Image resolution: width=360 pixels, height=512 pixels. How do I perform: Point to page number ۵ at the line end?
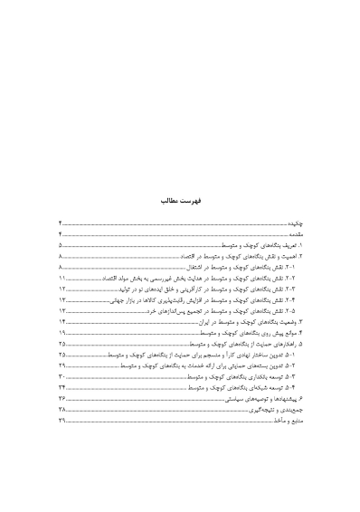[x=61, y=245]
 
